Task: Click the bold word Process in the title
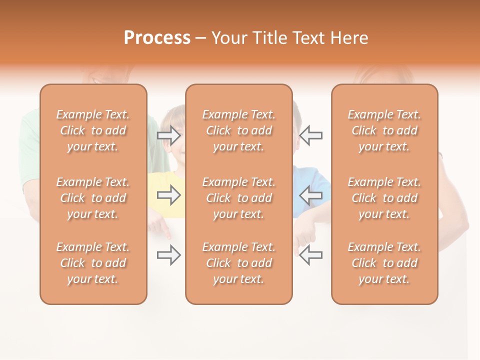tap(157, 38)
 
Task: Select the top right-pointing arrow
tap(168, 135)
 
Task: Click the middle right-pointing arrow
tap(168, 195)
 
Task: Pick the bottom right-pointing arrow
tap(168, 255)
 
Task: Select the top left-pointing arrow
tap(311, 135)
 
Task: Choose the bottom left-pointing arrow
tap(311, 255)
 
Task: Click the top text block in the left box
tap(93, 130)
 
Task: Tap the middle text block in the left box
tap(93, 198)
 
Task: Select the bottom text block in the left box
tap(93, 263)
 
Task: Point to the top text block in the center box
tap(238, 130)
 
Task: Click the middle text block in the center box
tap(238, 198)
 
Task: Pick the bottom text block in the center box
tap(238, 263)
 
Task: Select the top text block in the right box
tap(384, 130)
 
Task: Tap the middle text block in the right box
tap(384, 198)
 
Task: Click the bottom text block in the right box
tap(384, 263)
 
